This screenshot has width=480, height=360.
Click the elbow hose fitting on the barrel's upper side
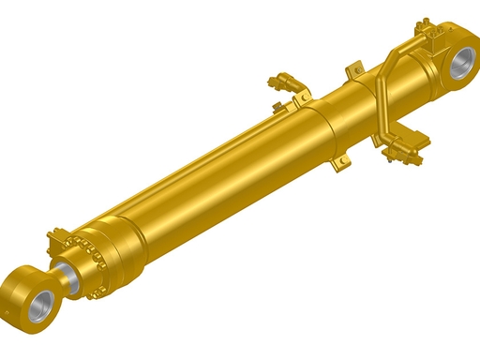pos(285,83)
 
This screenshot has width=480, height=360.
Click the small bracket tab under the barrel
pos(339,165)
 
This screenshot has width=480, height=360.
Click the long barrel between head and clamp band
pos(206,178)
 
